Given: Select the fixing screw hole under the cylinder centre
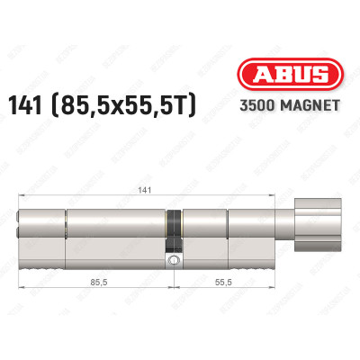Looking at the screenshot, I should point(172,261).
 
